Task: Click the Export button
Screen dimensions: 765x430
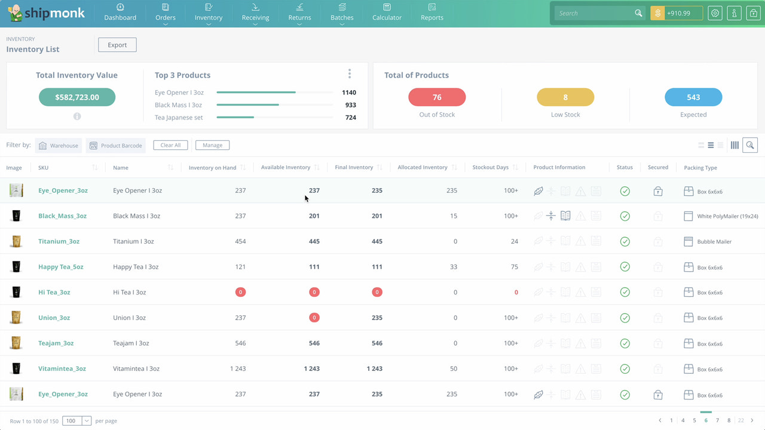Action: click(117, 45)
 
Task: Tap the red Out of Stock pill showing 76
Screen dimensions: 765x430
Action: click(437, 97)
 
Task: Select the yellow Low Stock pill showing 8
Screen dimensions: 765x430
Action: click(565, 97)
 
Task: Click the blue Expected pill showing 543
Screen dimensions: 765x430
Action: click(693, 97)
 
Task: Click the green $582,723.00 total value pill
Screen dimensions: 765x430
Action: click(77, 97)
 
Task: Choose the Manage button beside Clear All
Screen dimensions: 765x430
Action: click(212, 145)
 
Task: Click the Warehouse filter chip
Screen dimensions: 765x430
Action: click(59, 146)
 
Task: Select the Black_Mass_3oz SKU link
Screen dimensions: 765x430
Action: click(62, 216)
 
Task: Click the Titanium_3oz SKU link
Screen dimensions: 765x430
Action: click(59, 242)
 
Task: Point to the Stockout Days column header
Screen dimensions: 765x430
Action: click(490, 168)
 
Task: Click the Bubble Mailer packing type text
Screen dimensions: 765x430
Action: click(714, 242)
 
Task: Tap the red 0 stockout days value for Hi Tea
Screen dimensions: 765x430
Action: click(516, 293)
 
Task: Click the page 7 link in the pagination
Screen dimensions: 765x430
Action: click(717, 420)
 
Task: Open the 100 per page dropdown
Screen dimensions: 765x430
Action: click(77, 421)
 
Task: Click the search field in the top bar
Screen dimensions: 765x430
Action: click(594, 13)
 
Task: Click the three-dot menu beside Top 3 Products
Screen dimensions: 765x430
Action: click(350, 74)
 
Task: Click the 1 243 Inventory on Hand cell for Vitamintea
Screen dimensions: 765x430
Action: click(238, 369)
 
